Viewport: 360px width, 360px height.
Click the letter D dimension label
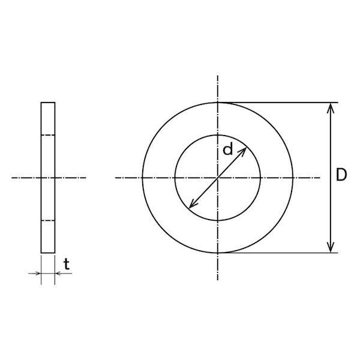tap(341, 175)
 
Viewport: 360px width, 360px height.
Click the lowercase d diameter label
tap(228, 149)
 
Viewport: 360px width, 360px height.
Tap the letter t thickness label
tap(67, 264)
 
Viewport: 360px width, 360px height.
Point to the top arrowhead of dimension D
tap(331, 107)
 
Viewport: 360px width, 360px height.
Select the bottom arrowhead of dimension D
tap(331, 247)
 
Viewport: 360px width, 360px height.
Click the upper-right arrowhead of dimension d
tap(243, 151)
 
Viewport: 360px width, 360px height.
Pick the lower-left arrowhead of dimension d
tap(192, 205)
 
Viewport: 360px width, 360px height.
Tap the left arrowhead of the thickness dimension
tap(38, 274)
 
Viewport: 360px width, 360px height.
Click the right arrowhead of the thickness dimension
tap(59, 274)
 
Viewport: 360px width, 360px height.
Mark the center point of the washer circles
tap(217, 178)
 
